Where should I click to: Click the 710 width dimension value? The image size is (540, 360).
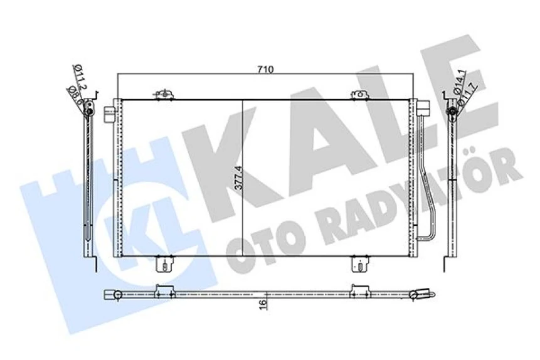tap(265, 70)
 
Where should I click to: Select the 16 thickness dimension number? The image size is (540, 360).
tap(264, 304)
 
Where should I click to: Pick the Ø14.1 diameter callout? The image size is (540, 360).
tap(460, 82)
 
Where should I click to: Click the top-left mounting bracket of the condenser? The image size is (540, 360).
tap(162, 95)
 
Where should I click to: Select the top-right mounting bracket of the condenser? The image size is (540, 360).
tap(358, 95)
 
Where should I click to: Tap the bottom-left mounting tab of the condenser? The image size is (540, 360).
tap(163, 264)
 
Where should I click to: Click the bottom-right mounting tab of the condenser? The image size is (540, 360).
tap(359, 264)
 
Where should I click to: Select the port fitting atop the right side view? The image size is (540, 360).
tap(450, 112)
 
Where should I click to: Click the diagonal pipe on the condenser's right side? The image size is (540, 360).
tap(428, 186)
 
